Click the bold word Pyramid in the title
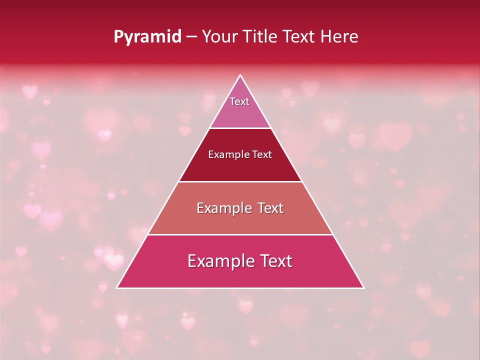tap(147, 37)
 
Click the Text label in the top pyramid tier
tap(239, 101)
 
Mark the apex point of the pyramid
tap(240, 75)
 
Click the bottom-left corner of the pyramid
tap(117, 287)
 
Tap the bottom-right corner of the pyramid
tap(363, 287)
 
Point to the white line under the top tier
tap(240, 128)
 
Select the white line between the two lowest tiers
tap(240, 234)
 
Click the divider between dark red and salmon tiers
tap(240, 181)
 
